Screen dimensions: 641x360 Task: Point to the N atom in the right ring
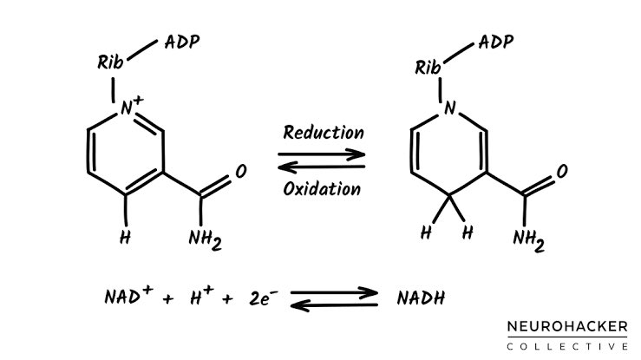coord(449,108)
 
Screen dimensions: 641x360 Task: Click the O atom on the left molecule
coord(240,172)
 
